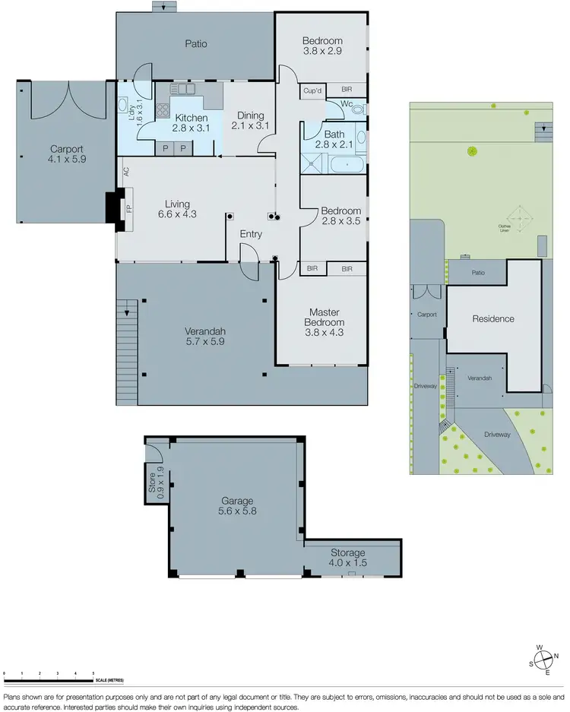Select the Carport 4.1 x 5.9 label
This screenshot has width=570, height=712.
tap(66, 155)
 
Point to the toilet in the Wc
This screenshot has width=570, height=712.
tap(358, 109)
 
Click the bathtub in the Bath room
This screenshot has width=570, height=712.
tap(349, 163)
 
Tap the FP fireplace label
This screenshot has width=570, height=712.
tap(128, 206)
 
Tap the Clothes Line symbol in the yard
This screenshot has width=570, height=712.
tap(520, 219)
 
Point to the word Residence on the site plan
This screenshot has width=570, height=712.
tap(493, 319)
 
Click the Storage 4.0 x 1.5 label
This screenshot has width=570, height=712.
tap(347, 558)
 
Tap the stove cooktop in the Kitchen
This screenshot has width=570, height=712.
tap(162, 112)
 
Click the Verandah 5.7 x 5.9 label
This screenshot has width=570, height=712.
tap(206, 337)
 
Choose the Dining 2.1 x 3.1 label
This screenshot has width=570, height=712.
tap(251, 121)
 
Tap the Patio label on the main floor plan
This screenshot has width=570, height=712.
tap(196, 44)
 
